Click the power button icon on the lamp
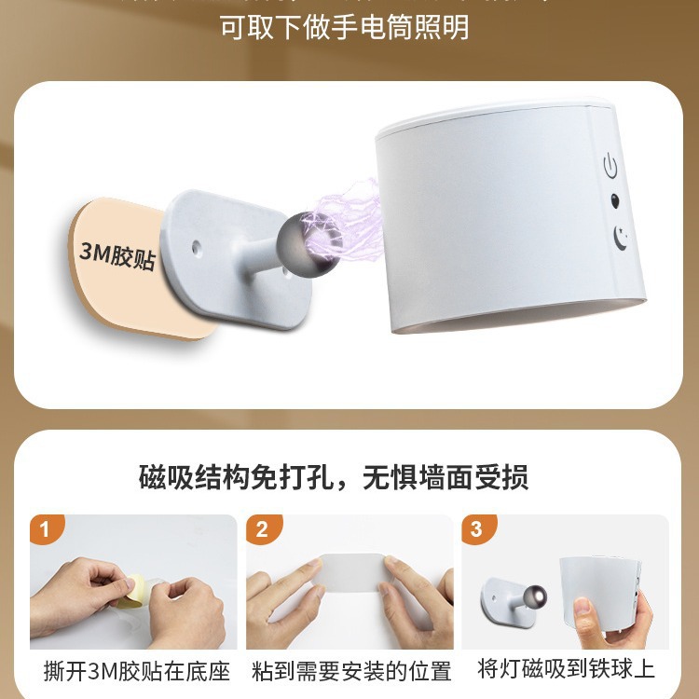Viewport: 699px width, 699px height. (x=610, y=168)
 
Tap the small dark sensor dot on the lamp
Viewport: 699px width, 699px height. (x=614, y=201)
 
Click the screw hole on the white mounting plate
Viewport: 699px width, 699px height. (x=199, y=249)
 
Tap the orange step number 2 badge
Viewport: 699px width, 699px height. (x=261, y=529)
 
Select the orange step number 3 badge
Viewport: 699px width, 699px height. (x=476, y=529)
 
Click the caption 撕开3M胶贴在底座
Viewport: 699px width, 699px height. (x=131, y=670)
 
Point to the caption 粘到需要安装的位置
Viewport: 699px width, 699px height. (x=351, y=671)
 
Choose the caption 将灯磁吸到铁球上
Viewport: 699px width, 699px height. (x=566, y=669)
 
